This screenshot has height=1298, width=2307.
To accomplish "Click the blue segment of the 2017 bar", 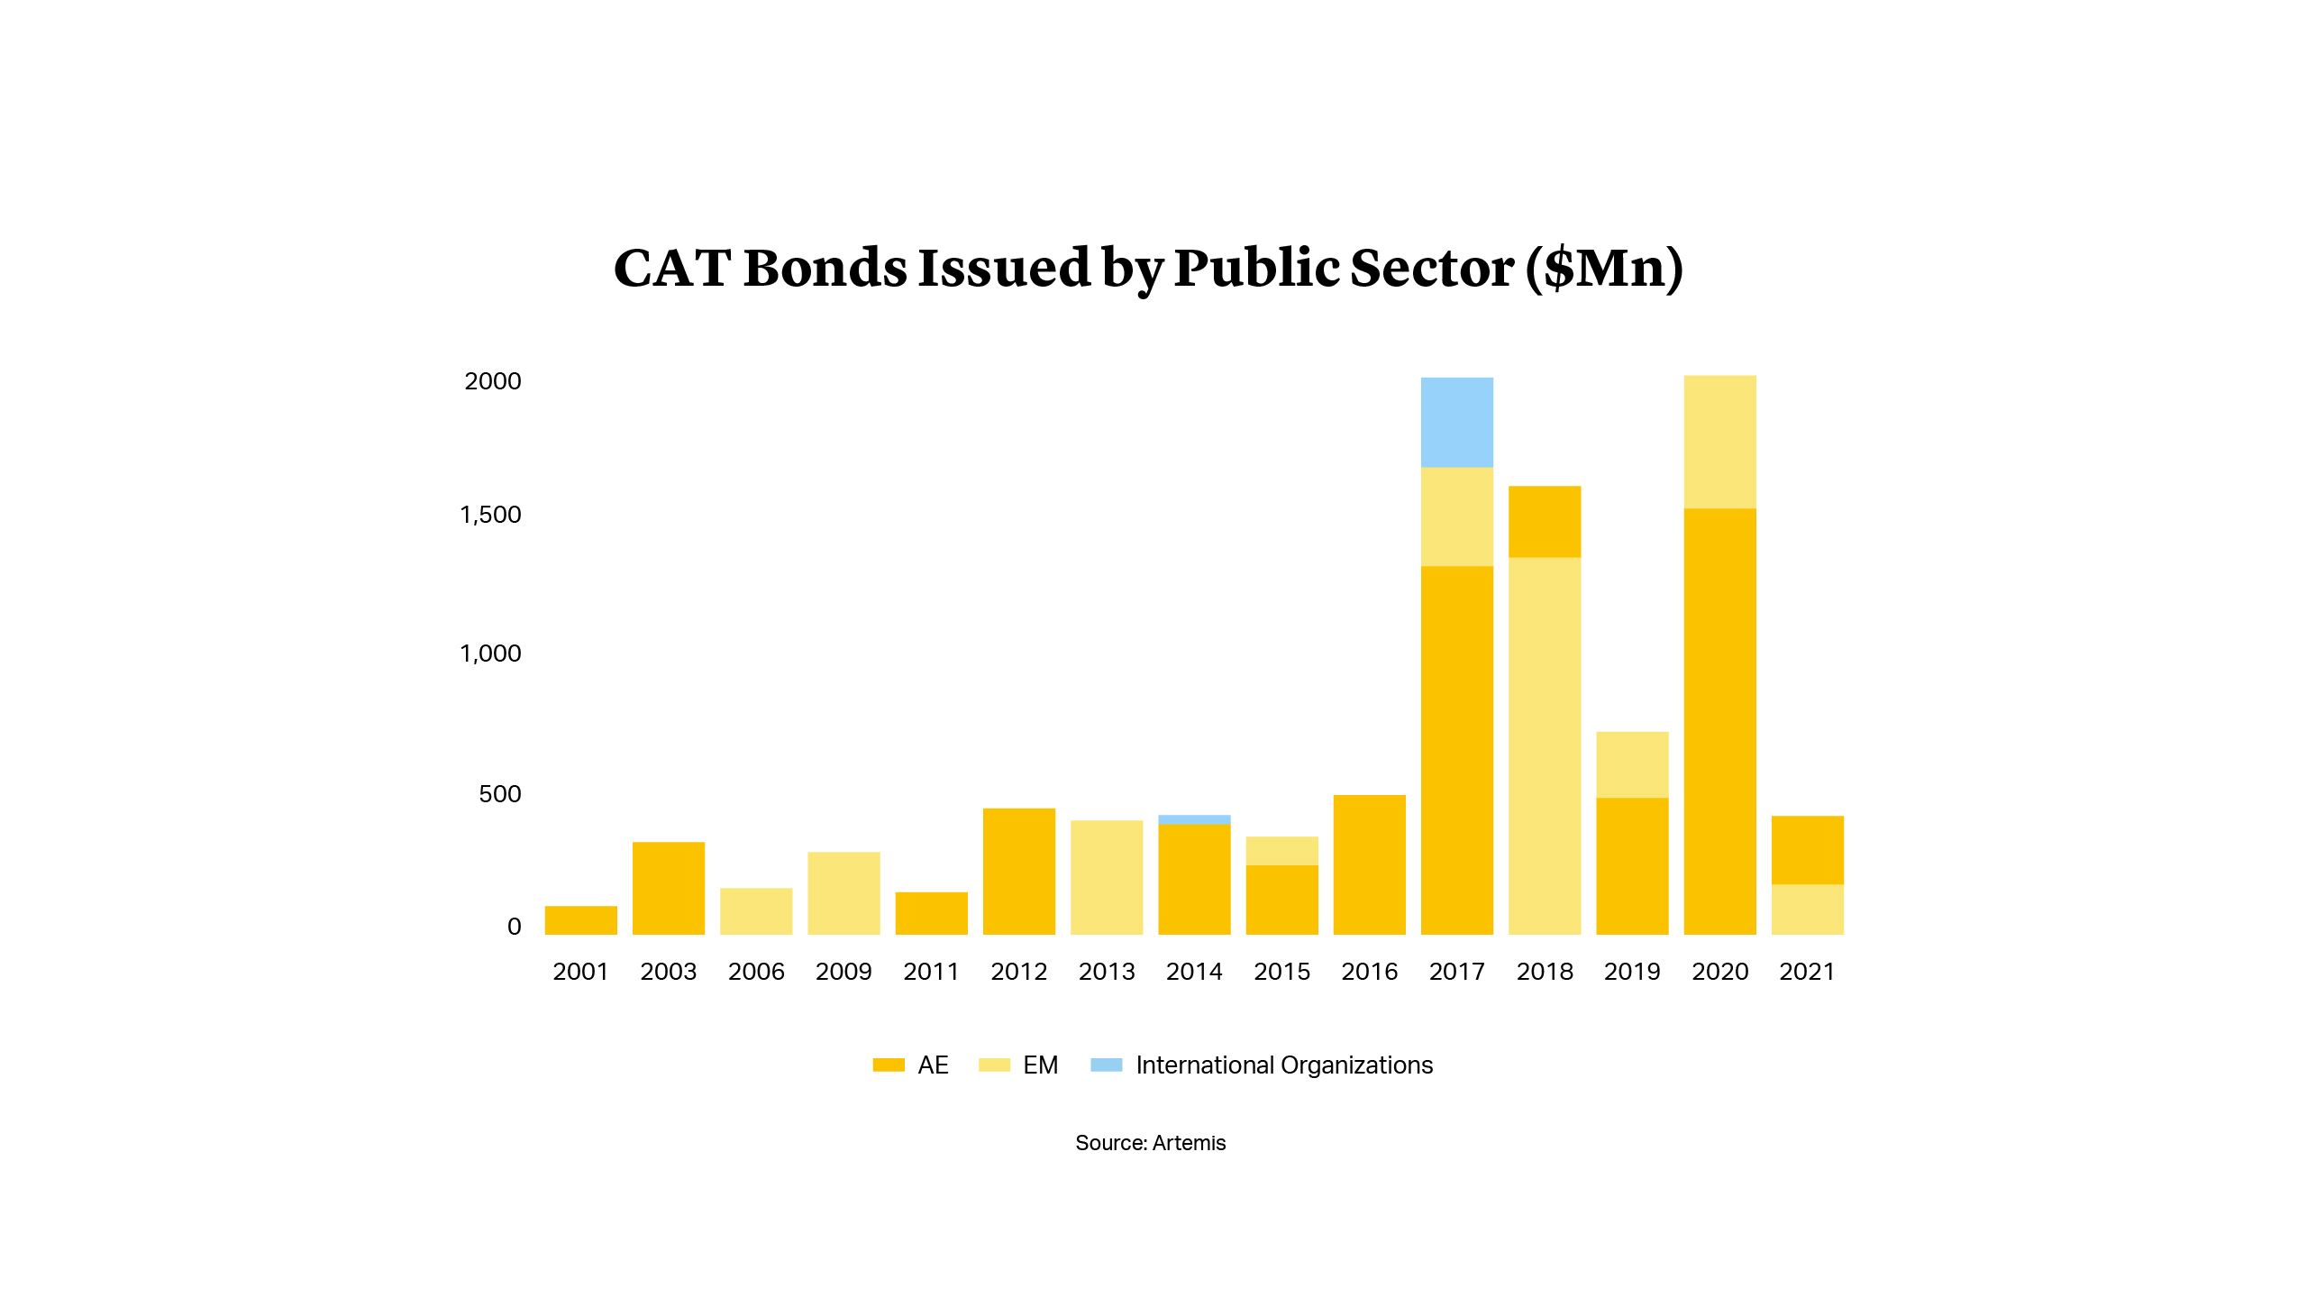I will (1456, 422).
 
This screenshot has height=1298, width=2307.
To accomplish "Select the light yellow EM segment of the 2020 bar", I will (1719, 442).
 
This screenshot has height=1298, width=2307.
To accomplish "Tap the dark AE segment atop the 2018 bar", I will (1545, 521).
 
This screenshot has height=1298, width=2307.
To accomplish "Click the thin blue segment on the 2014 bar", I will (1194, 819).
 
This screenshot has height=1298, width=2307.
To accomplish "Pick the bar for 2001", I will (580, 919).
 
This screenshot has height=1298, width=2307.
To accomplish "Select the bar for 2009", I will (843, 892).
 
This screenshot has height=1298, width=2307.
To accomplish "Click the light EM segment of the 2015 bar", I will (1281, 851).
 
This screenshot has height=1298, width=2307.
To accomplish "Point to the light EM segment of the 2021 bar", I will (1807, 909).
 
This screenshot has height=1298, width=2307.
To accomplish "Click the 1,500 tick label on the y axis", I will (491, 515).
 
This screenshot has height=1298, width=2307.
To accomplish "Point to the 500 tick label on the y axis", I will (500, 794).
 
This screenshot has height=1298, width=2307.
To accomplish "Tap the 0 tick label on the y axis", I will (514, 927).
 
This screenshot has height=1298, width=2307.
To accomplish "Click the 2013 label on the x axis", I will (1107, 972).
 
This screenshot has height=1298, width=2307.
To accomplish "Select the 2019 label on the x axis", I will (1632, 972).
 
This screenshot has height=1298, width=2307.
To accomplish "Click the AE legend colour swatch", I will (889, 1065).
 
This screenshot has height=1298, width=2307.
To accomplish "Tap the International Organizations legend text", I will (1283, 1065).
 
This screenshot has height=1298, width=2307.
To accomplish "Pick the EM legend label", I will (1040, 1065).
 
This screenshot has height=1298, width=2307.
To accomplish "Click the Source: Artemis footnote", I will (1150, 1143).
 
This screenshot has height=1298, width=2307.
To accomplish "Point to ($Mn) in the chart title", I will (1604, 269).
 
